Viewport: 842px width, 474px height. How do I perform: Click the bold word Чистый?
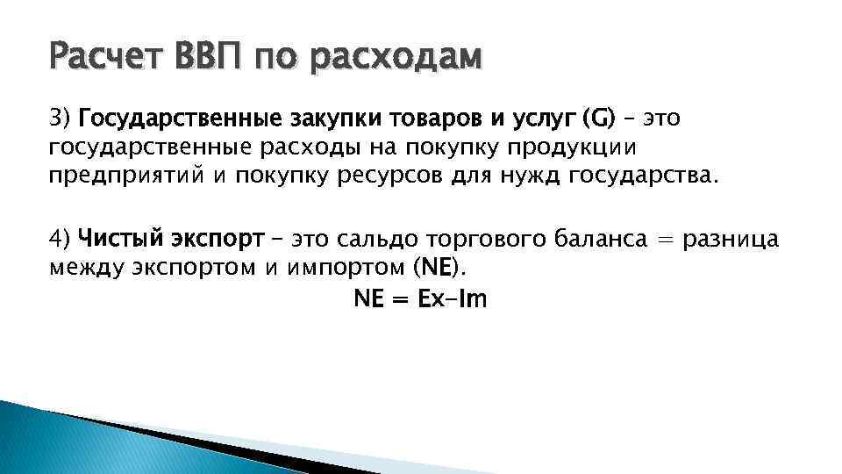point(118,239)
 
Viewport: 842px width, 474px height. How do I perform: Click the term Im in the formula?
point(472,300)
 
